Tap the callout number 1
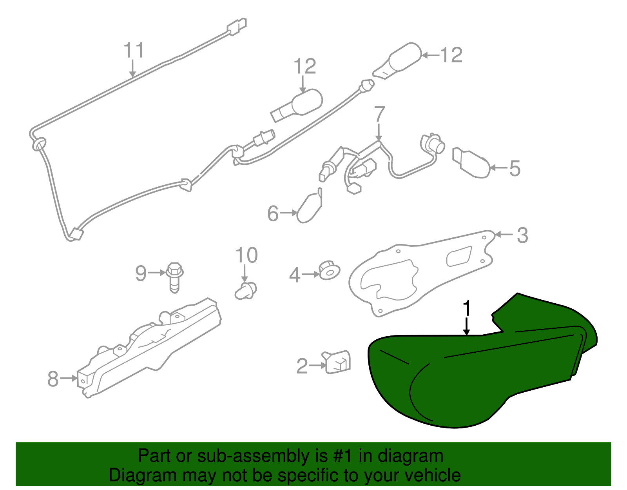[x=467, y=308]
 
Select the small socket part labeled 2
[x=337, y=362]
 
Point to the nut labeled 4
[x=330, y=270]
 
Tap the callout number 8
[x=53, y=379]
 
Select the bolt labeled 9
[x=174, y=277]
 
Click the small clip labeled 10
[x=246, y=291]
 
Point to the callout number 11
[x=134, y=50]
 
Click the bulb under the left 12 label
[x=296, y=106]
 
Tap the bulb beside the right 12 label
[x=397, y=61]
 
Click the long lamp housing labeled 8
[x=149, y=348]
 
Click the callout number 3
[x=522, y=235]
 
